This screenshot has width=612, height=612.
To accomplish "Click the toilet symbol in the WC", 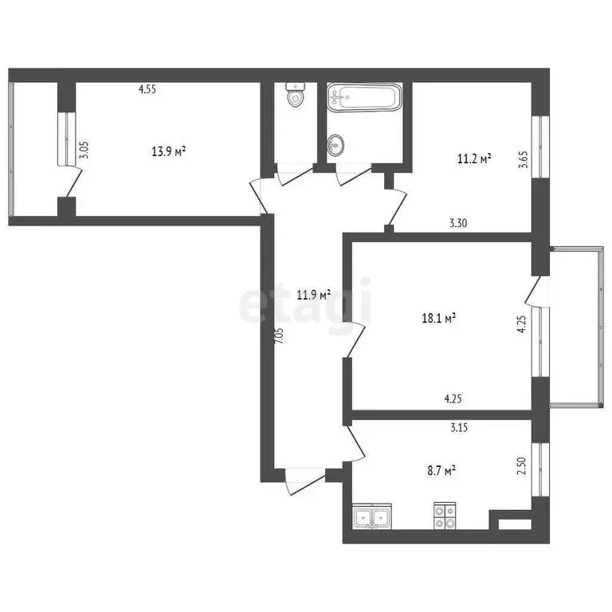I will [x=296, y=96].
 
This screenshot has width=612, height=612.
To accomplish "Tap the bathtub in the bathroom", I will [x=363, y=99].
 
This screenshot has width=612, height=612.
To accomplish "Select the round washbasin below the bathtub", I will [x=336, y=144].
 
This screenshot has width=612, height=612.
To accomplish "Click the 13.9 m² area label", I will [x=169, y=151].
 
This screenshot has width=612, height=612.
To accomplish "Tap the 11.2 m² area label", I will [x=474, y=159].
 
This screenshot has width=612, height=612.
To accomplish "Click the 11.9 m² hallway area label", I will [x=313, y=295].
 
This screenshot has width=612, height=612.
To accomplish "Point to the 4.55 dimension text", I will [x=147, y=90].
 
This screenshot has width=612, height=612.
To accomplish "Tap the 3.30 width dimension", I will [x=458, y=224].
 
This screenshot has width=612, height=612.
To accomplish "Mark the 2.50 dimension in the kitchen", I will [x=523, y=465].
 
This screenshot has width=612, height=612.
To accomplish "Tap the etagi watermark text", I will [x=306, y=303].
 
